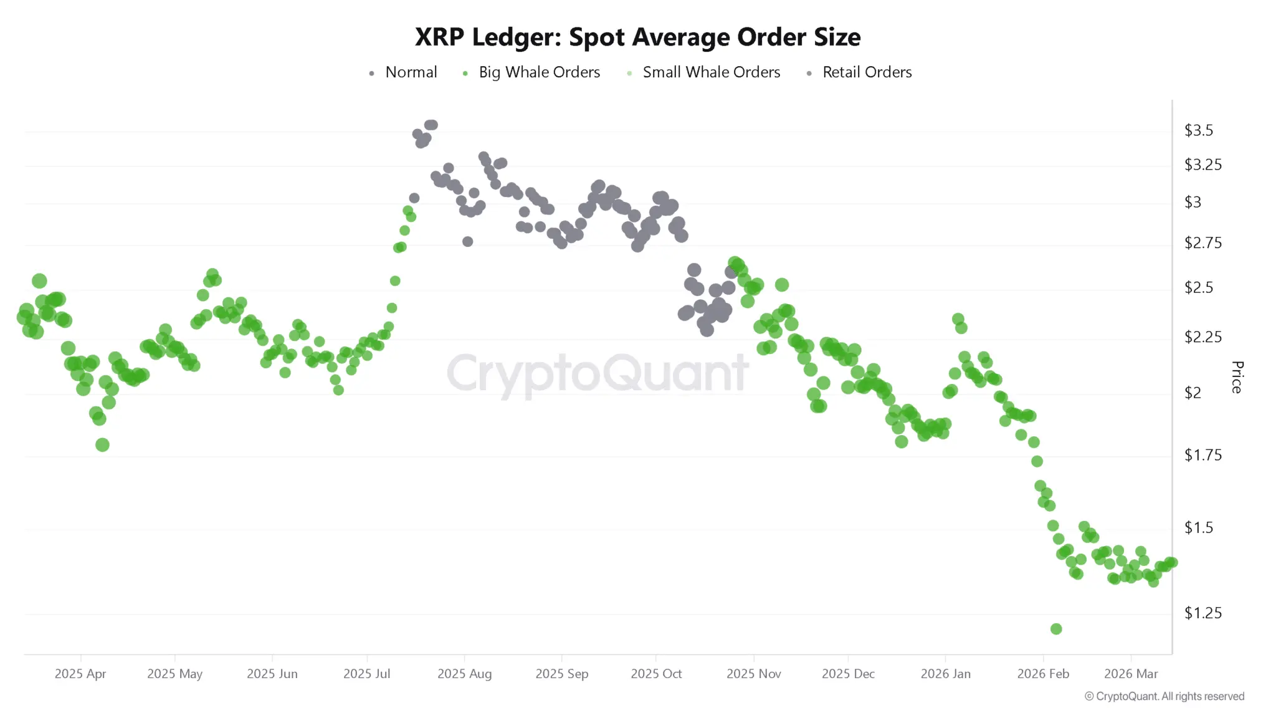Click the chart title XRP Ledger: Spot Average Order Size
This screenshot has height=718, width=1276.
coord(637,37)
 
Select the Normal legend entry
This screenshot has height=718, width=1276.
coord(411,72)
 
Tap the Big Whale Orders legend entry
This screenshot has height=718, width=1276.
coord(539,72)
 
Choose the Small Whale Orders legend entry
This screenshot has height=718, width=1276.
coord(711,72)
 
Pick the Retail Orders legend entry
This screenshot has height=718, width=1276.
coord(867,72)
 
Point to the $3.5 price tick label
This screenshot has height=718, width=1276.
coord(1198,130)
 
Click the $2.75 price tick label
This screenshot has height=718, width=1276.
coord(1202,242)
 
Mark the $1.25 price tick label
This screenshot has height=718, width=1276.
coord(1202,613)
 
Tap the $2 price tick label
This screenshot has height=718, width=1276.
coord(1193,393)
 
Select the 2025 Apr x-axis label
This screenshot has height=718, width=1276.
coord(80,674)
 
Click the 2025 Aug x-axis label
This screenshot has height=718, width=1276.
coord(464,674)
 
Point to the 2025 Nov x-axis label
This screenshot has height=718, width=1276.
coord(753,674)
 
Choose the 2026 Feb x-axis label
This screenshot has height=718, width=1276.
coord(1043,674)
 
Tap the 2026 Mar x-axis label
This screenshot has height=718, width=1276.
coord(1131,674)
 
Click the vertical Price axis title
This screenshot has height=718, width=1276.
coord(1237,377)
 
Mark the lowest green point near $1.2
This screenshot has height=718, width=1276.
coord(1056,629)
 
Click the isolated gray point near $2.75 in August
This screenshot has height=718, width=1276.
coord(468,241)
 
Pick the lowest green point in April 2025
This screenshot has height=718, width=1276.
coord(103,444)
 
